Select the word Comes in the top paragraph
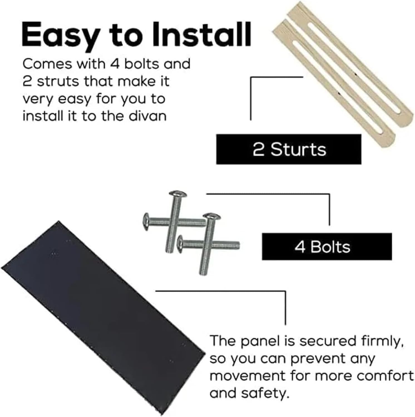click(47, 64)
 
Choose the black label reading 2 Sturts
click(289, 149)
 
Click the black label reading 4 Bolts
click(327, 247)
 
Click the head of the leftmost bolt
click(146, 222)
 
